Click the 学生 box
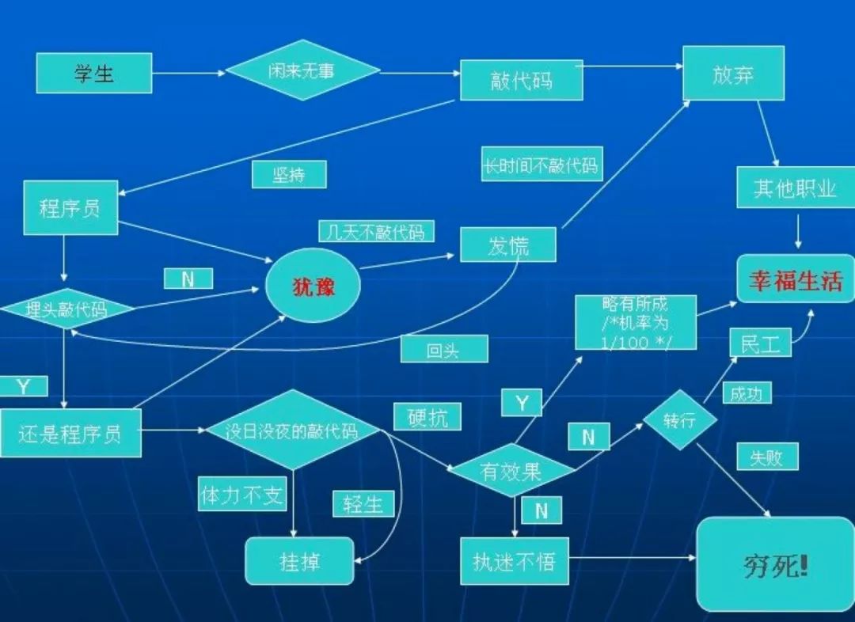(x=93, y=73)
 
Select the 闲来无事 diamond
(x=302, y=70)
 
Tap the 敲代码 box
(x=521, y=81)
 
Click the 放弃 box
(x=733, y=74)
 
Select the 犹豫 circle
(x=313, y=286)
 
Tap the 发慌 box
(x=507, y=245)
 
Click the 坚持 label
(x=289, y=174)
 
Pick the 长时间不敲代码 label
(x=542, y=166)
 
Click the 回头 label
(x=443, y=349)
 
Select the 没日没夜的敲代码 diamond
(x=292, y=430)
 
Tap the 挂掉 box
(x=299, y=561)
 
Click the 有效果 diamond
(x=511, y=472)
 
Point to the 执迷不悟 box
(x=515, y=561)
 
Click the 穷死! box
(x=774, y=564)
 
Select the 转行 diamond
(x=679, y=420)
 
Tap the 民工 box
(x=760, y=343)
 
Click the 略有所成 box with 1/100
(x=635, y=322)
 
